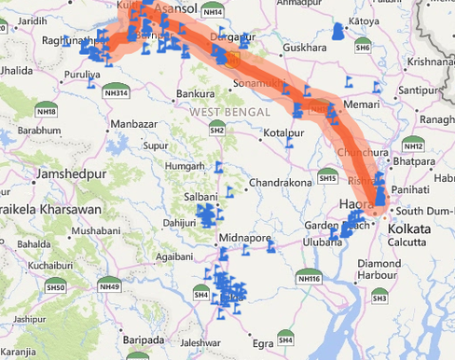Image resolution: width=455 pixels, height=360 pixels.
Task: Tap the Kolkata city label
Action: (x=409, y=228)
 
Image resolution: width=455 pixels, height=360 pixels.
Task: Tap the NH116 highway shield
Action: (x=308, y=278)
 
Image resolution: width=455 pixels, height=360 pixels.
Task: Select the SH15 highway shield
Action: (x=327, y=178)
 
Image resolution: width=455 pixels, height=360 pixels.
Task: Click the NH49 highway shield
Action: (x=109, y=286)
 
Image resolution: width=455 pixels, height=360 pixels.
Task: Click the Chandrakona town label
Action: (x=281, y=182)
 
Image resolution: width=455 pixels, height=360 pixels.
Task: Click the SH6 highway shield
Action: (x=363, y=48)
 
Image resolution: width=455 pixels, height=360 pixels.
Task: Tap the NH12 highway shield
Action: (x=413, y=145)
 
